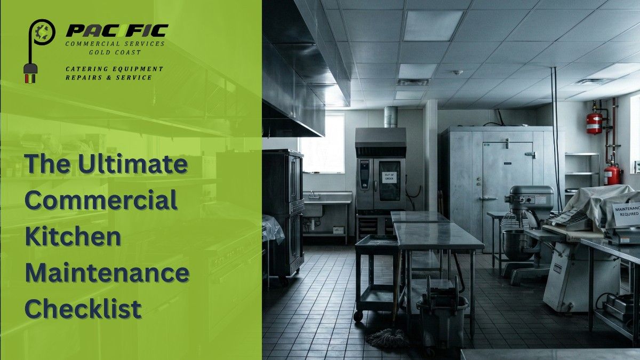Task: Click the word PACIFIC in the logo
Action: click(x=117, y=30)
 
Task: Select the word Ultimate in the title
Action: click(x=133, y=164)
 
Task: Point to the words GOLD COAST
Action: click(x=115, y=53)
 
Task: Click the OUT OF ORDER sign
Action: click(x=389, y=177)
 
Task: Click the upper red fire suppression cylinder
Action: click(x=594, y=123)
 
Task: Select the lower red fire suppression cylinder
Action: click(x=612, y=174)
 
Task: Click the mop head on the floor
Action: click(x=387, y=338)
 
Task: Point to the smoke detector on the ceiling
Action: click(x=458, y=73)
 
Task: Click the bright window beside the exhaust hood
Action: click(x=322, y=143)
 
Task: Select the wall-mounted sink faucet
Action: click(x=314, y=195)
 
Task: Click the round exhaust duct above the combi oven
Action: click(x=391, y=117)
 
